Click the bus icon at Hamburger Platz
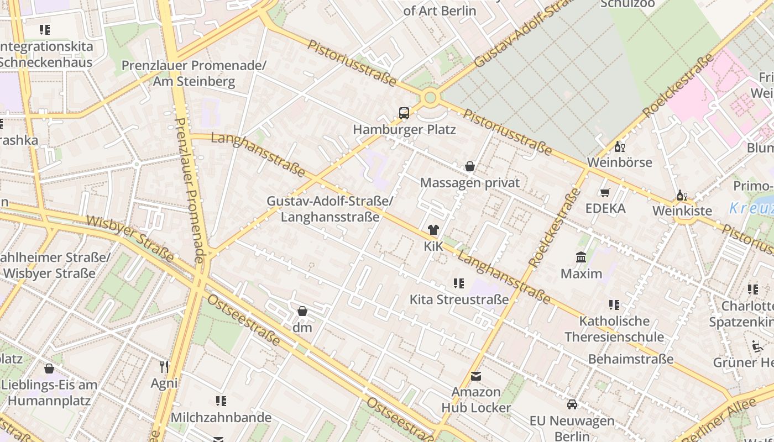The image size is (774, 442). pos(404,113)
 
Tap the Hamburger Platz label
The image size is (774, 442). pos(404,129)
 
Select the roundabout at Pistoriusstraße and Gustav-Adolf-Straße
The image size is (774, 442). pos(430,98)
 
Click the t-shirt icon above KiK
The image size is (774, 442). pos(433,230)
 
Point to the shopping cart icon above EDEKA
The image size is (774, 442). pos(605,192)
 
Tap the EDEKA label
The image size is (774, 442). pos(605,208)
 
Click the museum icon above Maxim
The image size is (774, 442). pos(581,257)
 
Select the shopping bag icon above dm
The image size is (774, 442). pos(302,311)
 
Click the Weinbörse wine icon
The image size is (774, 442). pos(620,146)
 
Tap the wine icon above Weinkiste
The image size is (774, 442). pos(682,195)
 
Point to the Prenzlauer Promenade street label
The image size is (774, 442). pos(191,188)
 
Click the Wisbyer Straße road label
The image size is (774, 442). pos(130,238)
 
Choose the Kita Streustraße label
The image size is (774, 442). pos(458,299)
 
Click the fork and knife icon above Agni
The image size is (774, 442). pos(164,367)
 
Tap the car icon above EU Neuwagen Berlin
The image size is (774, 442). pos(572,404)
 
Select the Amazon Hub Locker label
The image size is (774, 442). pos(476,400)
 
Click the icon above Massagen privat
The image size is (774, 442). pos(470,166)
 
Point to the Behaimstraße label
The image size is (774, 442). pos(631,359)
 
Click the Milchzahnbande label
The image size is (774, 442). pos(221,417)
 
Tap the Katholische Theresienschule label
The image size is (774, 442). pos(614,329)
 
